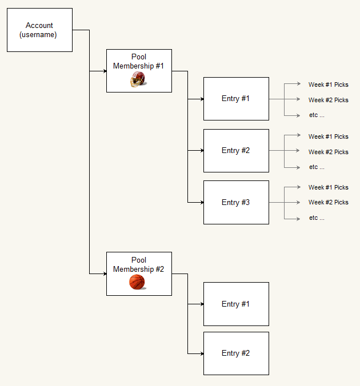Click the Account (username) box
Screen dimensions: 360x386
(39, 30)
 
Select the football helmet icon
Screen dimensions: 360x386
(138, 79)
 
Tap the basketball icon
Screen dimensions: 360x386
(137, 282)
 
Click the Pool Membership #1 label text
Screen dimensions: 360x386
(138, 61)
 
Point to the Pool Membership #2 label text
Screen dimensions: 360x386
(138, 264)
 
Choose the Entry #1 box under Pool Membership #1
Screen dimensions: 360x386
(236, 99)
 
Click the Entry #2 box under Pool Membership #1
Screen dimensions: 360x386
(236, 151)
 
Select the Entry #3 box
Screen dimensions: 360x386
(236, 202)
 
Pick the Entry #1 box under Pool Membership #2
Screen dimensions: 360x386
(236, 304)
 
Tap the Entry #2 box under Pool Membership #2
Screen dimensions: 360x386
(236, 353)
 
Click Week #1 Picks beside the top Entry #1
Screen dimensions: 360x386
(328, 85)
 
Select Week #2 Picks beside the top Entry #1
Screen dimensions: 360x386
(328, 100)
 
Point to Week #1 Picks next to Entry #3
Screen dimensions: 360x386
(328, 187)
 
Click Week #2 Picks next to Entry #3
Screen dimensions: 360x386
(328, 202)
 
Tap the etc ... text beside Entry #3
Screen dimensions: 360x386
(317, 218)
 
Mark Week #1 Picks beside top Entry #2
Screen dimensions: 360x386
(328, 136)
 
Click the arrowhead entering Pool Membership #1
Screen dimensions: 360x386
(105, 71)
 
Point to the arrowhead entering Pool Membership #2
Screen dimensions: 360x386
(105, 274)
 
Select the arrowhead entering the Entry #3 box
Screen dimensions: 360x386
(202, 202)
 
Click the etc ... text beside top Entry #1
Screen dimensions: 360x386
(317, 115)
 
